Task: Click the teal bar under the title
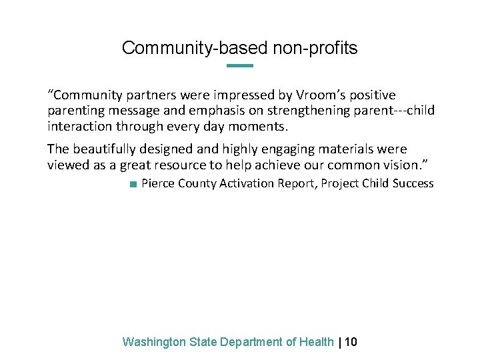coord(240,65)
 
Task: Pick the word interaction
coord(79,125)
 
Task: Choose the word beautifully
coord(107,149)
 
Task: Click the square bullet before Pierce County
coord(133,184)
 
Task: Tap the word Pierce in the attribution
coord(157,183)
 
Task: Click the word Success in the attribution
coord(413,183)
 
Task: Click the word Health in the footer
coord(317,342)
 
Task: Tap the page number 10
coord(351,342)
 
